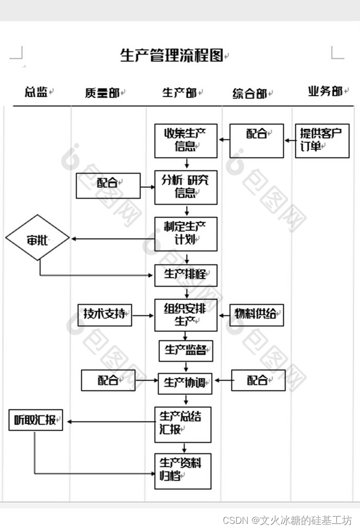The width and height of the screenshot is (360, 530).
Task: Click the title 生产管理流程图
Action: (172, 56)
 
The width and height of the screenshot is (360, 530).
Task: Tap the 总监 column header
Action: (36, 92)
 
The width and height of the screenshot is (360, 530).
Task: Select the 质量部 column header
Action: (102, 93)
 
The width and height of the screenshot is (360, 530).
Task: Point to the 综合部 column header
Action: (249, 94)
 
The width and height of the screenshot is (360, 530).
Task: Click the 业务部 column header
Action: (325, 92)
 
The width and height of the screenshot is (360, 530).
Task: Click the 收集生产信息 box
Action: (186, 140)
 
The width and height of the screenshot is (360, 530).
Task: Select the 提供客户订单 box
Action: (321, 140)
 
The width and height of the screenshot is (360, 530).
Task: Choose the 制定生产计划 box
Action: (186, 234)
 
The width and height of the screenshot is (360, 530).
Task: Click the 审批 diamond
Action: (38, 239)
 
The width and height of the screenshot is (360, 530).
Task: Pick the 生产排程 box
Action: (186, 275)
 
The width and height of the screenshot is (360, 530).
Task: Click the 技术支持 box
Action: (104, 314)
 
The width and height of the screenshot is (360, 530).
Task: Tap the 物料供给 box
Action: (256, 314)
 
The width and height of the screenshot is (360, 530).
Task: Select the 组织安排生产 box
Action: (186, 315)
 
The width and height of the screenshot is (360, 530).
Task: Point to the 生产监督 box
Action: (186, 350)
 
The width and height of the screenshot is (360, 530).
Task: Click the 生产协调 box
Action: (186, 383)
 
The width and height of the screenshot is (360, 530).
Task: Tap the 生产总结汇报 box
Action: (183, 424)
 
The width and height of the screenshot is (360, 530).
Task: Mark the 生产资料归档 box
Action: (183, 470)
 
